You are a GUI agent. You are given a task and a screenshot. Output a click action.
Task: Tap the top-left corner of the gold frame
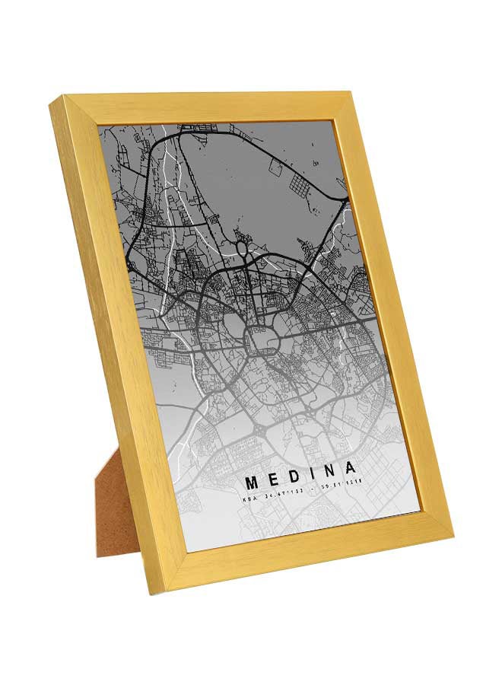pyautogui.click(x=56, y=101)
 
